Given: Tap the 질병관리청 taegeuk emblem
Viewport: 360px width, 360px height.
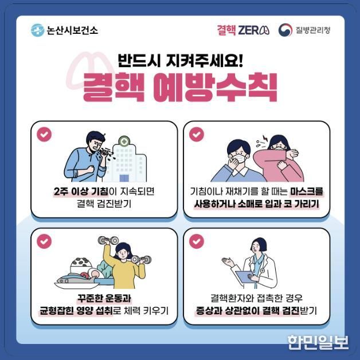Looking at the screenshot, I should tap(285, 30).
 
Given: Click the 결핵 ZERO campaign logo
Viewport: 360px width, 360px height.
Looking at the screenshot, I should tap(242, 30).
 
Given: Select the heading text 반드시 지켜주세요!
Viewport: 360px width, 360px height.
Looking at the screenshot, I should tap(181, 59).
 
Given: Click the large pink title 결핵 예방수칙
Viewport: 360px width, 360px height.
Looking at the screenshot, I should tap(180, 87).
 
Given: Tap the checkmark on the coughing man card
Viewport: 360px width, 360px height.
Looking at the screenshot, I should tap(44, 134).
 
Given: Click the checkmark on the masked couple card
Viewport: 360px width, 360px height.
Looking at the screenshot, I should tap(196, 134).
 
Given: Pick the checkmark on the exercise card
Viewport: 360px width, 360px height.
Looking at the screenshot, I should tap(44, 241).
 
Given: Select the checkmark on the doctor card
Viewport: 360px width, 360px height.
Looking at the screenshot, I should tap(196, 241).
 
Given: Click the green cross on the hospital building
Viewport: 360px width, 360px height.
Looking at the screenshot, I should tap(124, 141).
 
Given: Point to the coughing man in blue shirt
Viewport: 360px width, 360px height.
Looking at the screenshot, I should tap(86, 158).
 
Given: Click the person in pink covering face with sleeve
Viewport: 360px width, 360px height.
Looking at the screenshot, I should tap(281, 161).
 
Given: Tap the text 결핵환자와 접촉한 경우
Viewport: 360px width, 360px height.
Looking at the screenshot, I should tap(256, 298).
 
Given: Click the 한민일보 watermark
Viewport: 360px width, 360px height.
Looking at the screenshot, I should tap(318, 342).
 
